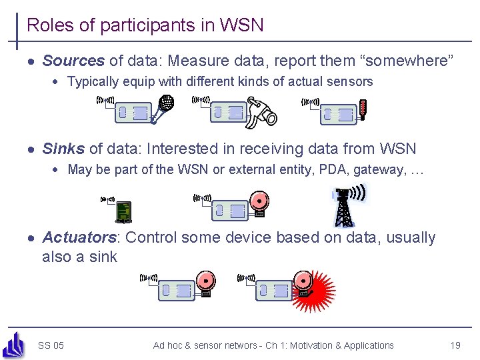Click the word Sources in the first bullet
tap(73, 61)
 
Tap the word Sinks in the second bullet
tap(63, 149)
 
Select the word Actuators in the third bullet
tap(79, 237)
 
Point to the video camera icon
tap(261, 111)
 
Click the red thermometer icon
tap(363, 109)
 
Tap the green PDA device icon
tap(123, 211)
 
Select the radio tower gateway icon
tap(343, 207)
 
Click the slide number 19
tap(455, 345)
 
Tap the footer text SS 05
tap(51, 345)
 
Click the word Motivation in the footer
tap(307, 345)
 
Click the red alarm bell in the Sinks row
tap(259, 202)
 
